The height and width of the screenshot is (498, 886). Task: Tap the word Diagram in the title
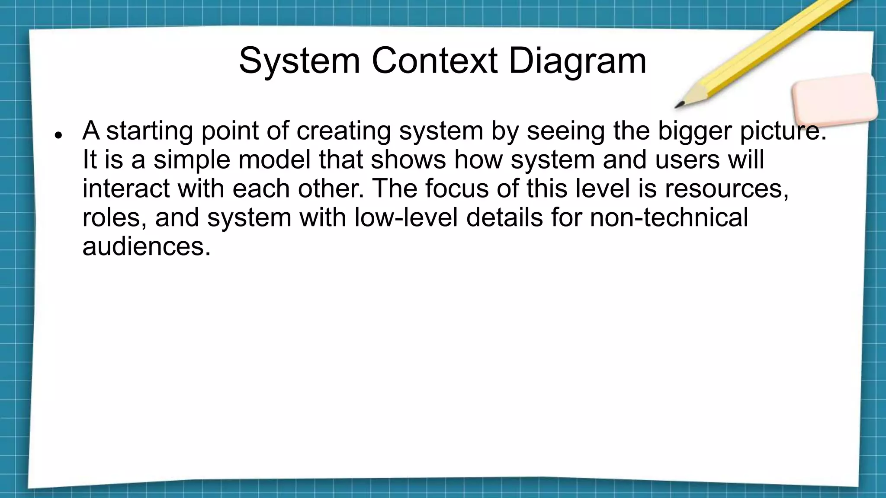pos(577,61)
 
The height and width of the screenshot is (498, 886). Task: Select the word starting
pos(150,131)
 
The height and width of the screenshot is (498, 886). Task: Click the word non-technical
pos(669,217)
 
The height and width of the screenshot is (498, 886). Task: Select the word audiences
pos(146,246)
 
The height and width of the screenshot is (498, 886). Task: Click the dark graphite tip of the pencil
pos(679,105)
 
